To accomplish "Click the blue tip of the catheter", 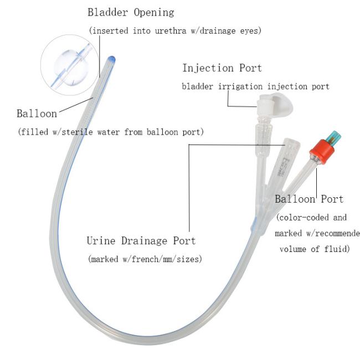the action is pyautogui.click(x=111, y=59).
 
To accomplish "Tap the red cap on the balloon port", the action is pyautogui.click(x=321, y=151).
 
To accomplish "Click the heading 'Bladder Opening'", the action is pyautogui.click(x=131, y=12).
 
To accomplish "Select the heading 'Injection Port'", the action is pyautogui.click(x=222, y=68).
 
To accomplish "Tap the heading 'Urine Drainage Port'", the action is pyautogui.click(x=141, y=240).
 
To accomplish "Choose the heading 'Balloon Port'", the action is pyautogui.click(x=309, y=199).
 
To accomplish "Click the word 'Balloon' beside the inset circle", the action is pyautogui.click(x=37, y=114).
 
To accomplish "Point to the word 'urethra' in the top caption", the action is pyautogui.click(x=171, y=31).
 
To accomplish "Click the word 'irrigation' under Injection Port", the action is pyautogui.click(x=240, y=86).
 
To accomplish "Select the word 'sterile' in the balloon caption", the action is pyautogui.click(x=78, y=132).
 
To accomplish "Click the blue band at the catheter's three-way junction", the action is pyautogui.click(x=253, y=224).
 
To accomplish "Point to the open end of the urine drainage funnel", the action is pyautogui.click(x=292, y=142).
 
